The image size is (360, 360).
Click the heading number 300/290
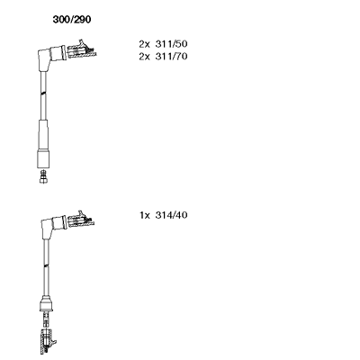pos(72,20)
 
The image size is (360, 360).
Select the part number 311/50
pos(171,44)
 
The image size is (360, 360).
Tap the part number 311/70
pos(171,57)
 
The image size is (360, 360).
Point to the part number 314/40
pos(171,215)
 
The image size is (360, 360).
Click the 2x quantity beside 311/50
pos(144,44)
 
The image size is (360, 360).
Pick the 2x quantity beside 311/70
pos(144,57)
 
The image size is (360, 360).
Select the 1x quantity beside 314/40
pos(145,215)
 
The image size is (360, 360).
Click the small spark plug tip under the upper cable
pos(44,176)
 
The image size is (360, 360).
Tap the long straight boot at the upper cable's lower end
pos(43,144)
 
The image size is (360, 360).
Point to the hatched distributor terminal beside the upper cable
pos(82,49)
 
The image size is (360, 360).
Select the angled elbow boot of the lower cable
pos(52,226)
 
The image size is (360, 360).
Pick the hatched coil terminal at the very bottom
pos(48,341)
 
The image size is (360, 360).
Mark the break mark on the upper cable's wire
pos(44,94)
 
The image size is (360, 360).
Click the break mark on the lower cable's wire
pos(46,265)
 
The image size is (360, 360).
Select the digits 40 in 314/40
pos(181,215)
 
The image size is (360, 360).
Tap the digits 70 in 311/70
pos(181,57)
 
